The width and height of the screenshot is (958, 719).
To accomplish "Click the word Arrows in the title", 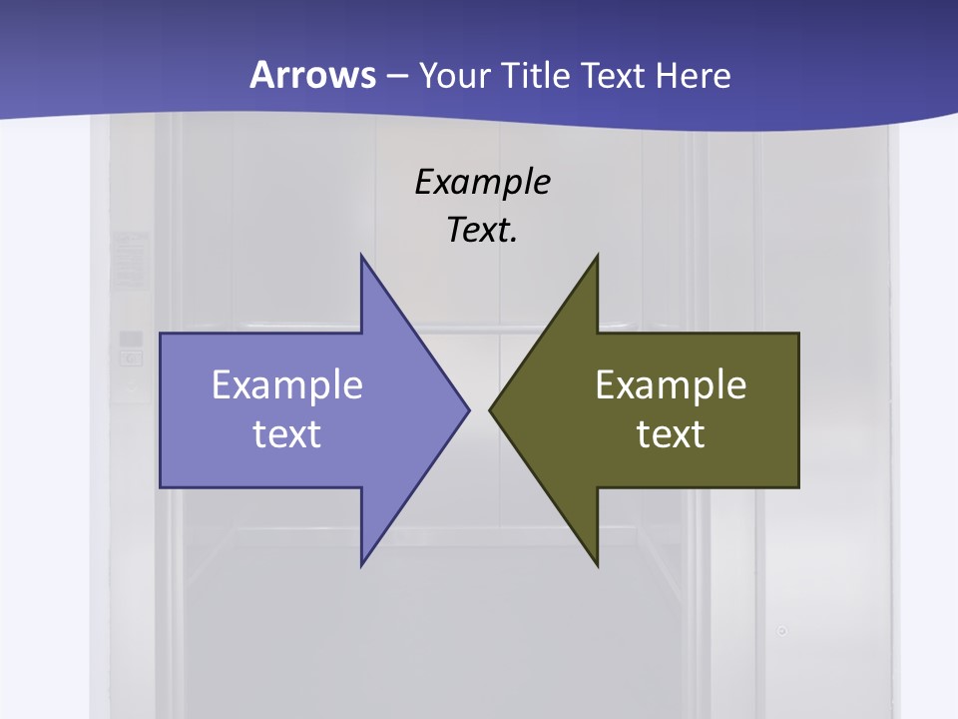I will [311, 76].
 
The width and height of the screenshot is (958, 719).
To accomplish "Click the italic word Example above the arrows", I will [483, 182].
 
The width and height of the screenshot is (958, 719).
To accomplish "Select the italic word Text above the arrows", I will [477, 230].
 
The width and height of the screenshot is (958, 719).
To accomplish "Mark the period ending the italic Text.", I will [514, 241].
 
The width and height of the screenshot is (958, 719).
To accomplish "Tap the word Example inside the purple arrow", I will [287, 385].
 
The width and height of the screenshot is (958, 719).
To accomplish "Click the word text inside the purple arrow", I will [287, 434].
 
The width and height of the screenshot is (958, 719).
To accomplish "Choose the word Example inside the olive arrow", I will [671, 385].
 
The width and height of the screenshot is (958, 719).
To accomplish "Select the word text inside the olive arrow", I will [671, 434].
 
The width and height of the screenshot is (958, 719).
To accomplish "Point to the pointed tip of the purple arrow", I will [468, 409].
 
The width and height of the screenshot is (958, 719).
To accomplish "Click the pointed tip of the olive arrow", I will [490, 409].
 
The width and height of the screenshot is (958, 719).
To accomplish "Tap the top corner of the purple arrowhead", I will [362, 256].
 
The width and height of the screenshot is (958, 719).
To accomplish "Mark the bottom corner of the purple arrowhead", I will [362, 565].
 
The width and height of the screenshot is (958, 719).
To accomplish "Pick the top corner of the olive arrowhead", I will [597, 256].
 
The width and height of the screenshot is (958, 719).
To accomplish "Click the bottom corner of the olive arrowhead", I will [597, 565].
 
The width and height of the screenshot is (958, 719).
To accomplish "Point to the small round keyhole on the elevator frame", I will [782, 631].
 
